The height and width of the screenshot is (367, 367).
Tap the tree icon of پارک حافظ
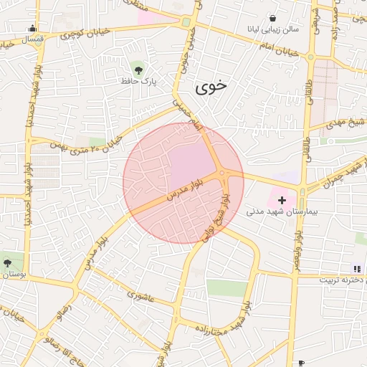(138, 70)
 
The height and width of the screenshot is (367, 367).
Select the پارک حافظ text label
(138, 82)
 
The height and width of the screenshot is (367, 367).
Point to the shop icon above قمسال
(32, 29)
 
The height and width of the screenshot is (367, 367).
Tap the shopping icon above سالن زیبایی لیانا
(273, 18)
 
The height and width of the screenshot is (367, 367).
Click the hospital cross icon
(282, 200)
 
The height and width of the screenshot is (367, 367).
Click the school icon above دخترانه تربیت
(356, 269)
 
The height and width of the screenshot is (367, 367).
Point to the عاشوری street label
(140, 294)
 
